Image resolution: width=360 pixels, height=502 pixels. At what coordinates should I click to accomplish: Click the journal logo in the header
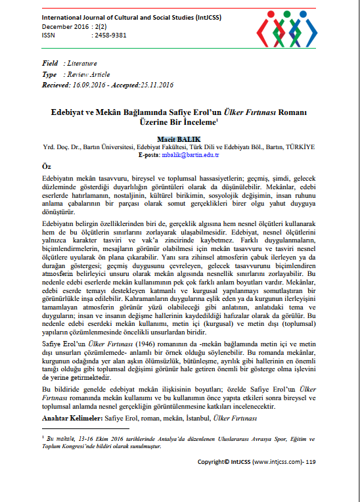tap(289, 28)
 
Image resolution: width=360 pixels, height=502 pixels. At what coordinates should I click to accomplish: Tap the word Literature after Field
tap(81, 63)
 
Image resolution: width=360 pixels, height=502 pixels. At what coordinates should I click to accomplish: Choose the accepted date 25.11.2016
tap(156, 85)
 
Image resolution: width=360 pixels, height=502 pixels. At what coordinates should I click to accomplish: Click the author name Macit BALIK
tap(179, 139)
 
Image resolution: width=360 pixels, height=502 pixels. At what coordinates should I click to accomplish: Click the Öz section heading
tap(47, 167)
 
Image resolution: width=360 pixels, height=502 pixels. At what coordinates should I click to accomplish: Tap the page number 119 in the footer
tap(311, 462)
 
